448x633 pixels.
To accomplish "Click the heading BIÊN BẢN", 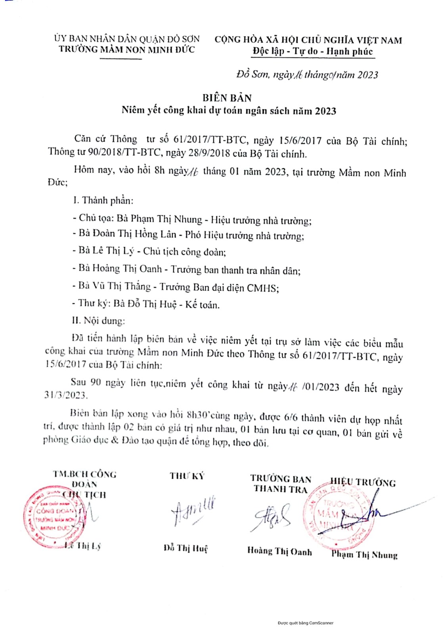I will [x=227, y=98].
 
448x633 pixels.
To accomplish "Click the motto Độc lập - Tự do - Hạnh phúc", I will [x=313, y=51].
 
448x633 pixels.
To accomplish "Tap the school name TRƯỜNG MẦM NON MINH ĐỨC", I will [x=127, y=49].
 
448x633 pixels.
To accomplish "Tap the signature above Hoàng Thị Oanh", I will [x=273, y=516].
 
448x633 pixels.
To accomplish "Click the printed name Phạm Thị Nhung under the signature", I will [x=364, y=554].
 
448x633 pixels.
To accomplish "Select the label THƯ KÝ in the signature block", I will [x=187, y=476].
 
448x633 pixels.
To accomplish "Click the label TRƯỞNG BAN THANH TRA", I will [x=281, y=484].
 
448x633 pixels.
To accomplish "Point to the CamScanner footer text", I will [x=306, y=623].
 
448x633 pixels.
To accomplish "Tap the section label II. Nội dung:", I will [x=98, y=320].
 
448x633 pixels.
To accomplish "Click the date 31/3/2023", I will [x=66, y=395].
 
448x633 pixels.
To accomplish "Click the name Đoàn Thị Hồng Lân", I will [x=134, y=234].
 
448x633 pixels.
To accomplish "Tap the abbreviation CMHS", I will [x=262, y=288].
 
